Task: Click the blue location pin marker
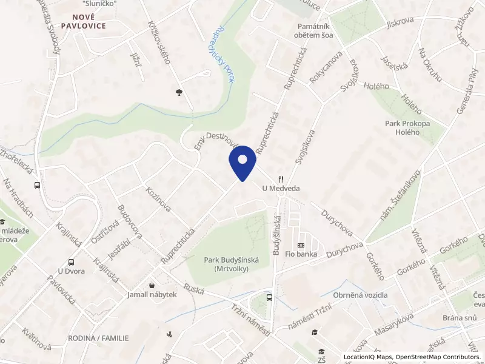tap(242, 163)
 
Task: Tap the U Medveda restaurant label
tap(281, 189)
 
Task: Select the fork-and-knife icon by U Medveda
tap(280, 179)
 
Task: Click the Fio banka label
tap(301, 254)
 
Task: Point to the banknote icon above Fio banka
tap(301, 245)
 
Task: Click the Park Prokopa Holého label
tap(407, 128)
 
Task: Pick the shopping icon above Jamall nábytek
tap(152, 285)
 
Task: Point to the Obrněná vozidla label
tap(360, 295)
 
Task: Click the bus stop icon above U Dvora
tap(72, 263)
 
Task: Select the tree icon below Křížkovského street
tap(179, 92)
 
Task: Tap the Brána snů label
tap(460, 318)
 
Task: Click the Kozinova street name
tap(158, 199)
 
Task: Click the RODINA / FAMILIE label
tap(98, 338)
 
